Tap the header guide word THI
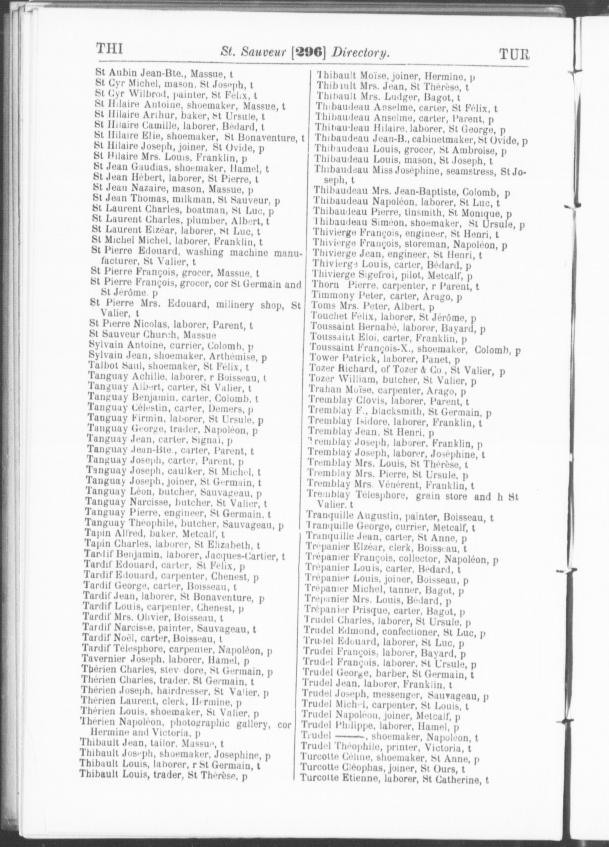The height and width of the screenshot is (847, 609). (x=110, y=49)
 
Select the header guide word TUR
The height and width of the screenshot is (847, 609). (x=514, y=54)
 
